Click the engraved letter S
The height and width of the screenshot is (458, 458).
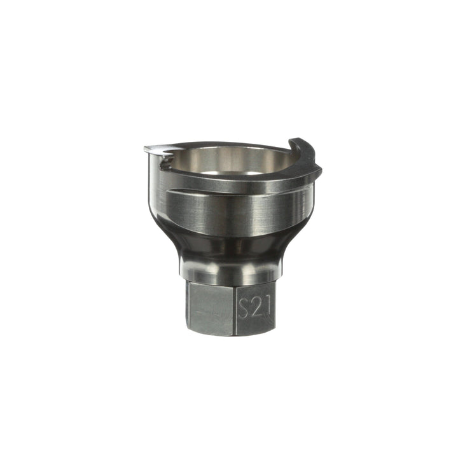coord(244,309)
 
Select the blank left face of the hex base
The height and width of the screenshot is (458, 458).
coord(210,309)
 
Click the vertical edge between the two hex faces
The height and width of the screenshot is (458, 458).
coord(234,309)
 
